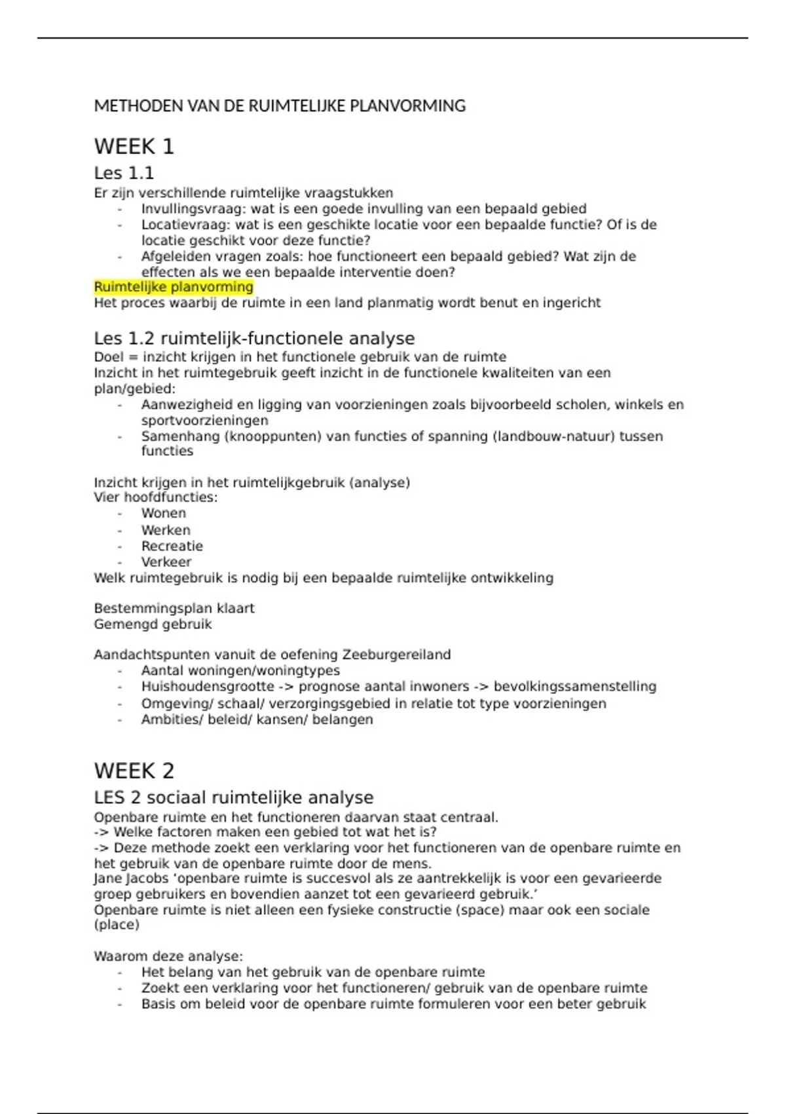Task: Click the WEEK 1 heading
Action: [134, 146]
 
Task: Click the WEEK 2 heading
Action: [134, 771]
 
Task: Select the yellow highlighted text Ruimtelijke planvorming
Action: [174, 287]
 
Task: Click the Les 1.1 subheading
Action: [124, 173]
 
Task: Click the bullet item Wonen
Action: [164, 513]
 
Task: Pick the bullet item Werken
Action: [166, 530]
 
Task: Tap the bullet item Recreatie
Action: [172, 546]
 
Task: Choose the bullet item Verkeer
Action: [166, 562]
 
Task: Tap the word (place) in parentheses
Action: [117, 925]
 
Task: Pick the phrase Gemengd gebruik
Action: [153, 624]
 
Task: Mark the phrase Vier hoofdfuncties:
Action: [156, 497]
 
